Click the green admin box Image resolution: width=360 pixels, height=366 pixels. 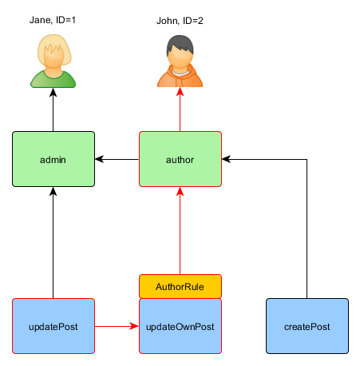point(53,159)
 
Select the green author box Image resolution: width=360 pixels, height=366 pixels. point(180,159)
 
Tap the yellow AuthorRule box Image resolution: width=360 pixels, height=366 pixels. point(180,286)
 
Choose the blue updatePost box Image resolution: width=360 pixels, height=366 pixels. point(53,326)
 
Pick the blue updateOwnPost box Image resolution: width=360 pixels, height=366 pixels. point(180,326)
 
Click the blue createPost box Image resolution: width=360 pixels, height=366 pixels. point(307,326)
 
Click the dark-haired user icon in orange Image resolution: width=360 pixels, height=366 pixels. point(180,62)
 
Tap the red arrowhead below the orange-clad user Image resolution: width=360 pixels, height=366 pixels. point(180,92)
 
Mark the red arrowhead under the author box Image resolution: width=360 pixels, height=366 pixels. point(180,192)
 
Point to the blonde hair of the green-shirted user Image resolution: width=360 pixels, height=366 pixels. point(53,46)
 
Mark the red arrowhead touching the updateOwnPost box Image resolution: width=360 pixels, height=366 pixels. point(134,326)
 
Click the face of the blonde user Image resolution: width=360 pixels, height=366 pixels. point(53,61)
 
